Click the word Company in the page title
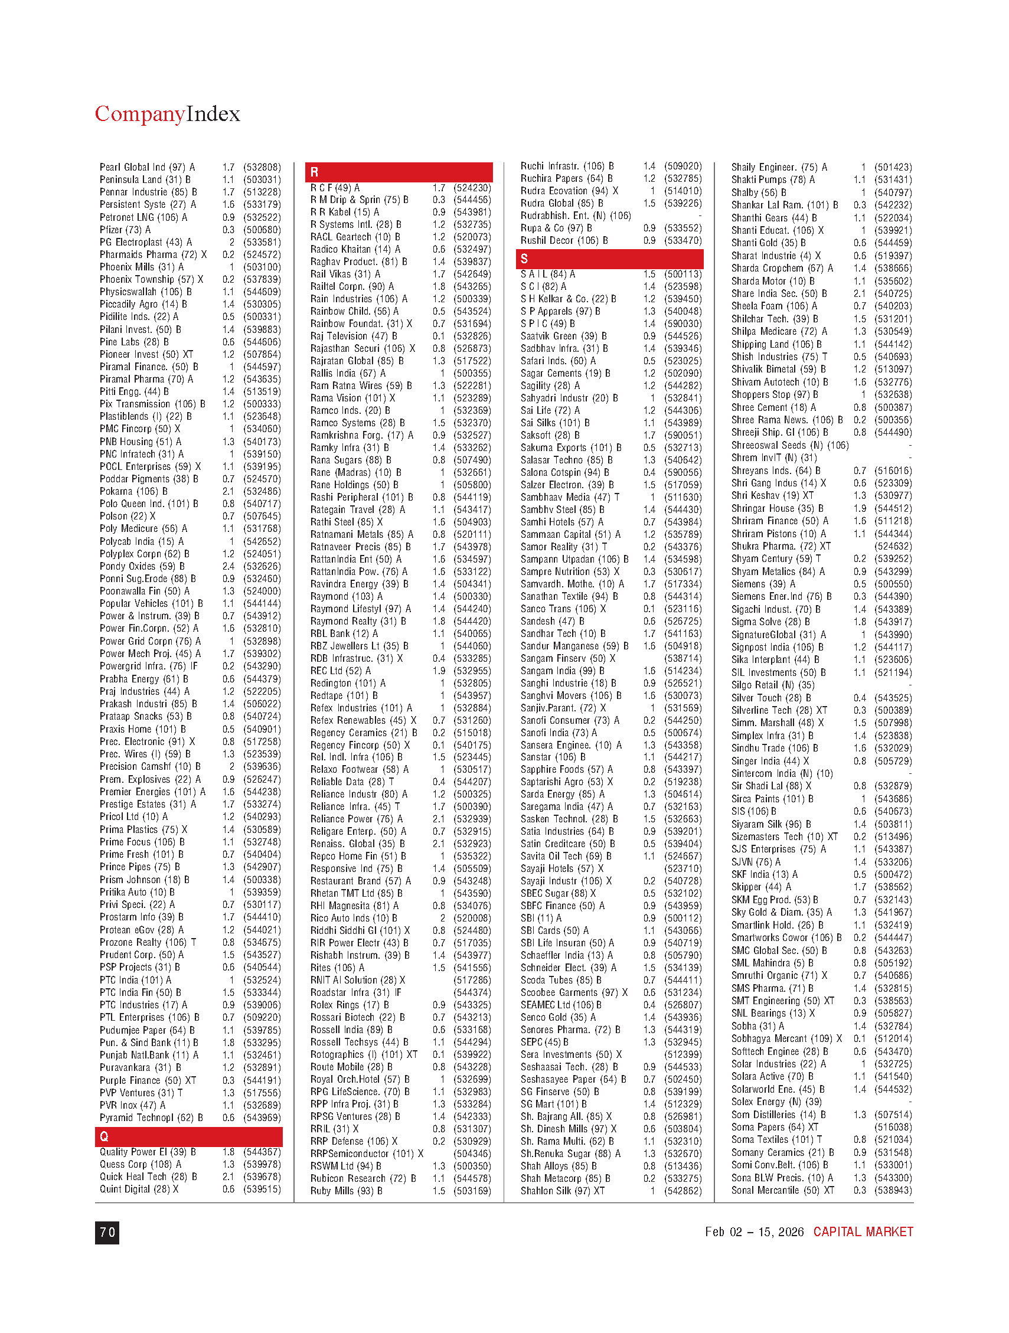(139, 114)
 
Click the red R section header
(399, 172)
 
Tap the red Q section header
(189, 1136)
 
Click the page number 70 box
(107, 1233)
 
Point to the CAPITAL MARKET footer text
(863, 1232)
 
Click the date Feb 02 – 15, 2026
(754, 1232)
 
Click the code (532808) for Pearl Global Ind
(262, 168)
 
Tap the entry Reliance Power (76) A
(356, 819)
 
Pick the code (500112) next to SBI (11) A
(683, 918)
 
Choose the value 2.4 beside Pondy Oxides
(228, 566)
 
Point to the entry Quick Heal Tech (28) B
(148, 1177)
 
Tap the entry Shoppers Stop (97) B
(775, 395)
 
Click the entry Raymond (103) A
(347, 597)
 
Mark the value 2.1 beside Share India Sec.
(860, 293)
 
